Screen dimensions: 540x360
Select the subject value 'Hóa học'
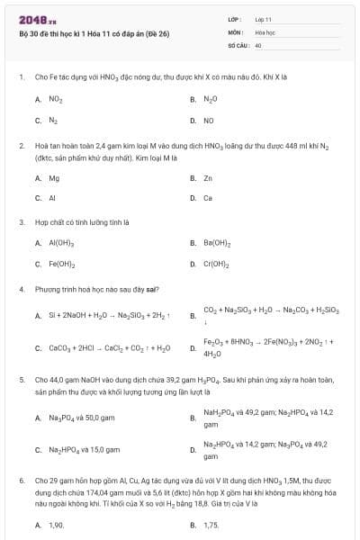pyautogui.click(x=265, y=31)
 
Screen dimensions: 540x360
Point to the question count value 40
pyautogui.click(x=258, y=43)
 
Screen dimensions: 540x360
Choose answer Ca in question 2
pyautogui.click(x=208, y=198)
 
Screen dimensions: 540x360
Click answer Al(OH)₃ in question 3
pyautogui.click(x=61, y=243)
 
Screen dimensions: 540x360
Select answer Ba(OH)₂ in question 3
pyautogui.click(x=217, y=243)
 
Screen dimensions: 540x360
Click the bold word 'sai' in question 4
pyautogui.click(x=153, y=289)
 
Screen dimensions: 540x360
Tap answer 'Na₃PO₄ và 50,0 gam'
pyautogui.click(x=81, y=418)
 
